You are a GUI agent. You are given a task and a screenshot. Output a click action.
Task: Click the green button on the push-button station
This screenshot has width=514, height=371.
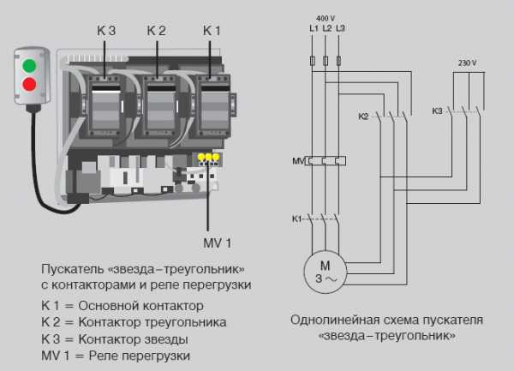pyautogui.click(x=29, y=65)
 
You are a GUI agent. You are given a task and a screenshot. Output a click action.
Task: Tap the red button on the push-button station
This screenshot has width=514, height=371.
pyautogui.click(x=29, y=84)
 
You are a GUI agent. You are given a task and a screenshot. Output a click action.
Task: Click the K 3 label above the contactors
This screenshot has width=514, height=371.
pyautogui.click(x=106, y=31)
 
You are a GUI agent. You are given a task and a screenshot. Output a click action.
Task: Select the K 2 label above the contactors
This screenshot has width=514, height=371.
pyautogui.click(x=157, y=31)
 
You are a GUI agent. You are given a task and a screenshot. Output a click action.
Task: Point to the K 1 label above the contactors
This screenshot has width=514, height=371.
pyautogui.click(x=212, y=31)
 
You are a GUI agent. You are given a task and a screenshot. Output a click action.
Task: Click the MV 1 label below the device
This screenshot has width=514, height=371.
pyautogui.click(x=218, y=243)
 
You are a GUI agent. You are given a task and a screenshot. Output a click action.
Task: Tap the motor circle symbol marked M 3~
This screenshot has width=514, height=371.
pyautogui.click(x=326, y=272)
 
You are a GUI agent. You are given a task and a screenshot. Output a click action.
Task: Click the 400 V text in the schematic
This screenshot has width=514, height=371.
pyautogui.click(x=326, y=18)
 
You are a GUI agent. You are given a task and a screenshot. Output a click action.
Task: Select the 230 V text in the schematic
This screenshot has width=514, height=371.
pyautogui.click(x=467, y=63)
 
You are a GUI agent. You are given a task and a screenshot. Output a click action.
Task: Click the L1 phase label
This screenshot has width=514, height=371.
pyautogui.click(x=314, y=28)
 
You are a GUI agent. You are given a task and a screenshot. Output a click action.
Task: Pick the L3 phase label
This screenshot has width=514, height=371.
pyautogui.click(x=340, y=28)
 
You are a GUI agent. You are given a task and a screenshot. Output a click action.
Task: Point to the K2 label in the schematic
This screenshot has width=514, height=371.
pyautogui.click(x=363, y=117)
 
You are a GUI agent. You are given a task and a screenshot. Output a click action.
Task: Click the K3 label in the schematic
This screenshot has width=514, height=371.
pyautogui.click(x=437, y=111)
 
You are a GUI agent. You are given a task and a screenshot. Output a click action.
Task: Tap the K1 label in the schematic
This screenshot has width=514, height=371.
pyautogui.click(x=296, y=219)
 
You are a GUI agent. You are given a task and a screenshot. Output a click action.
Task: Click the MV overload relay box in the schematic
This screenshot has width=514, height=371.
pyautogui.click(x=326, y=161)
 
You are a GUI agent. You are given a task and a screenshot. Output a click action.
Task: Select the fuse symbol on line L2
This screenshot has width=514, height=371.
pyautogui.click(x=326, y=61)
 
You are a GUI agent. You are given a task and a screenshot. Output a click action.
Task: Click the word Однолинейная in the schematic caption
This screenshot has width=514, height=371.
pyautogui.click(x=330, y=320)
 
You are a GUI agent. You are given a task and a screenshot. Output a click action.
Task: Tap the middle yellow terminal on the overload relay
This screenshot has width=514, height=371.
pyautogui.click(x=208, y=157)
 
